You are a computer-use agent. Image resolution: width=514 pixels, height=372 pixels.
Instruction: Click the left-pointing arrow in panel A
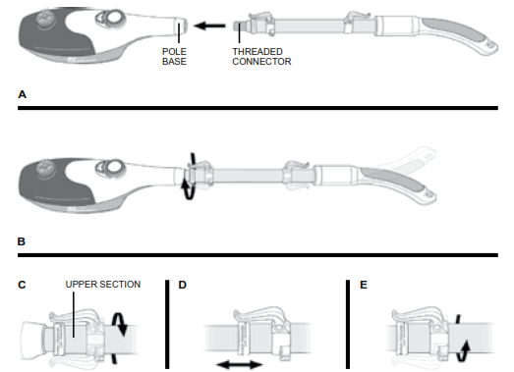click(x=206, y=27)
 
